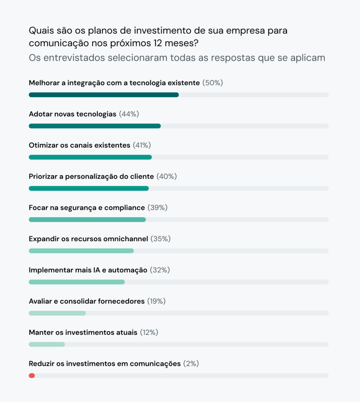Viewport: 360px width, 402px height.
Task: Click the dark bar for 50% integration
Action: pos(104,95)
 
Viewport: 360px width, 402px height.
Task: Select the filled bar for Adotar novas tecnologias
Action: pos(95,126)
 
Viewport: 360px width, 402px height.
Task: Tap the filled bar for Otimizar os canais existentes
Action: pos(90,157)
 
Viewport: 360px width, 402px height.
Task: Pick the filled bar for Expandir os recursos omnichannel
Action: pos(81,251)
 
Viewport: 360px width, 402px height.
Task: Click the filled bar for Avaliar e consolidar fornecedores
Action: pos(57,313)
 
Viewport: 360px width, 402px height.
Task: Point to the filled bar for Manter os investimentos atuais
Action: pos(47,344)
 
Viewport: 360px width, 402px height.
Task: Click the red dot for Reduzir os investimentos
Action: pos(32,376)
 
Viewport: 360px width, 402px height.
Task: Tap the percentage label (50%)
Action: pos(212,83)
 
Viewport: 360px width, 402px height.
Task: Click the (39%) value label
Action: pos(157,208)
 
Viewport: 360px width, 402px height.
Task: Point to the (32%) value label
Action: pos(159,270)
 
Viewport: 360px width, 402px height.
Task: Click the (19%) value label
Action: pos(156,301)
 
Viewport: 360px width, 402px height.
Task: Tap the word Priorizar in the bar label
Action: pos(43,177)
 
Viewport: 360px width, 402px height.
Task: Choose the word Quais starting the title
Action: pos(40,31)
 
